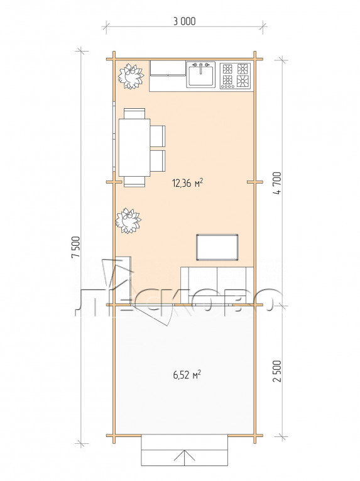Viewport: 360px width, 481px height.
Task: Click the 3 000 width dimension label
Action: click(184, 21)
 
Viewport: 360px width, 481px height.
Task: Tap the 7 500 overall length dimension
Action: click(76, 247)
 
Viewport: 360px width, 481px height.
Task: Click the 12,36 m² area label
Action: click(188, 183)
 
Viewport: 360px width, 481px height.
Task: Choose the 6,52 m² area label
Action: click(187, 375)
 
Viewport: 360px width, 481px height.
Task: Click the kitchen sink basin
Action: click(201, 75)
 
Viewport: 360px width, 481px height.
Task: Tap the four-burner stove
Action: click(235, 76)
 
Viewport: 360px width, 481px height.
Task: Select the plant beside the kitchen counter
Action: click(131, 76)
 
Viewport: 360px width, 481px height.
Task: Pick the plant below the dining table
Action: click(129, 221)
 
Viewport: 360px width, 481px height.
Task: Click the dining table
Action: click(134, 148)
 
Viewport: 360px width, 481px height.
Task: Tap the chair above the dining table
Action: click(134, 113)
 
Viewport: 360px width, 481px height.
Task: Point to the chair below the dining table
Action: click(134, 182)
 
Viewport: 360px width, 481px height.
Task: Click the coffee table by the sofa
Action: click(217, 247)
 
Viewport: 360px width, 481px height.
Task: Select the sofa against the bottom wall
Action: click(217, 285)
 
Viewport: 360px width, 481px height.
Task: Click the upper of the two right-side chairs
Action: click(158, 136)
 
